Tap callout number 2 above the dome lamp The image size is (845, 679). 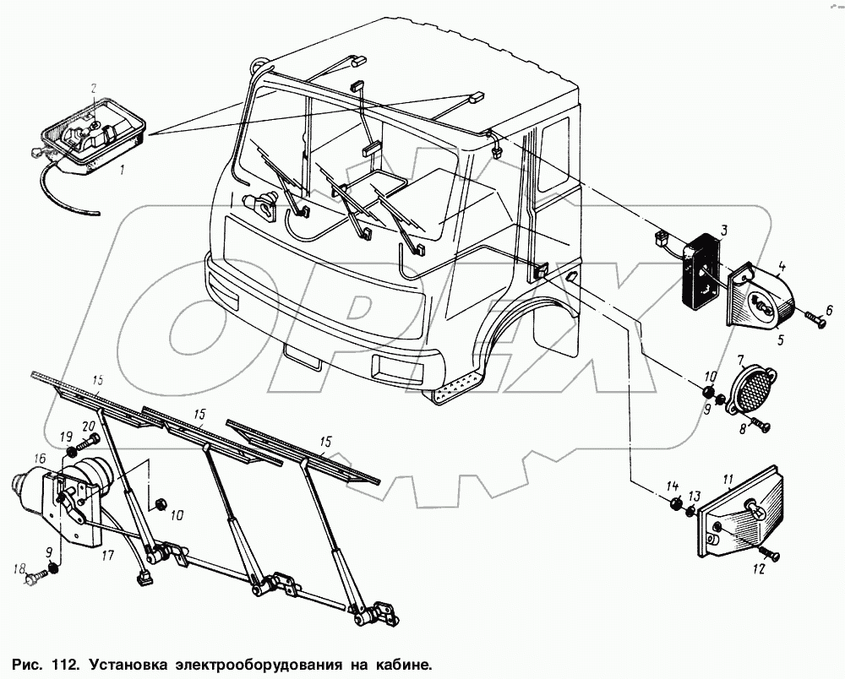tap(94, 88)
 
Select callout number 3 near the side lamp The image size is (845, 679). tap(724, 229)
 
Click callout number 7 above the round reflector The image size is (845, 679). tap(739, 360)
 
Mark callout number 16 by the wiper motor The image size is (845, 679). tap(40, 458)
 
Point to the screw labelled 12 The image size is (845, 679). tap(771, 554)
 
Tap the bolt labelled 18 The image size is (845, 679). tap(35, 580)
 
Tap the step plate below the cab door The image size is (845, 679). tap(455, 389)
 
